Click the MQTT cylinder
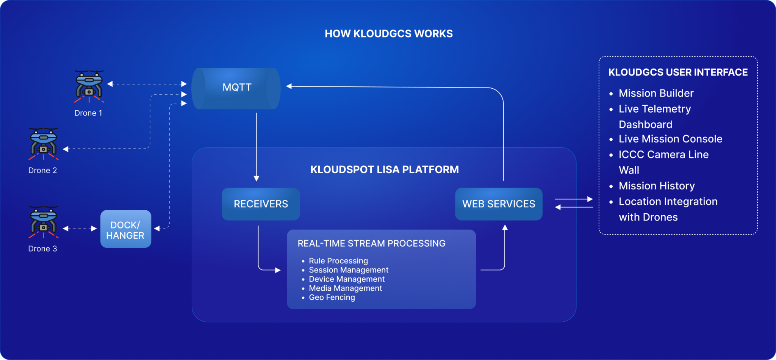[x=236, y=88]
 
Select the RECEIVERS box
[x=261, y=204]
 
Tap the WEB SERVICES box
[x=499, y=204]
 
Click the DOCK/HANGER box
[x=125, y=229]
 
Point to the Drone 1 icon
[x=89, y=86]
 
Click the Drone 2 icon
[x=44, y=144]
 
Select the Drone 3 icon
[x=44, y=222]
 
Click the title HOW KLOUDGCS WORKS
[x=388, y=34]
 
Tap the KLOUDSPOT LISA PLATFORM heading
[x=384, y=169]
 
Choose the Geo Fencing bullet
[x=332, y=297]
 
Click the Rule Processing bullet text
[x=338, y=261]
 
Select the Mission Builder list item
[x=656, y=93]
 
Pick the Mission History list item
[x=656, y=186]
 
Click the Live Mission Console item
[x=670, y=139]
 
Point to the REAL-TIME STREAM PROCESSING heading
[x=371, y=243]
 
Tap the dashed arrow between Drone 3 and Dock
[x=80, y=229]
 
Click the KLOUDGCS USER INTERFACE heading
[x=678, y=72]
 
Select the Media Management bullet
[x=345, y=288]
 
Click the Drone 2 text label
[x=42, y=171]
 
